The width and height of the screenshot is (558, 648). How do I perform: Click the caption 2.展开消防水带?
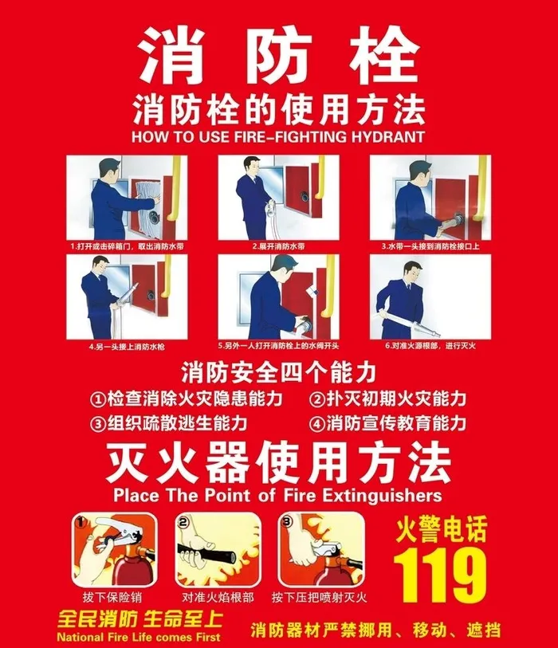278,246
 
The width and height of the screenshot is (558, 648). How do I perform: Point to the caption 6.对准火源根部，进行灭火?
430,346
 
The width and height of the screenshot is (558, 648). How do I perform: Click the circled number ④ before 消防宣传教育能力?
317,423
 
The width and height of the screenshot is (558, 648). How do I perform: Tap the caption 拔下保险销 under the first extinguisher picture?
112,596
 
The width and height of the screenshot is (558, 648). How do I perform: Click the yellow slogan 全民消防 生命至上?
138,619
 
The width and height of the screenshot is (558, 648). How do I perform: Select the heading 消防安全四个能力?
278,371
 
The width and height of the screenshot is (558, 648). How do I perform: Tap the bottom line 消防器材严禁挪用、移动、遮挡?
375,630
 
